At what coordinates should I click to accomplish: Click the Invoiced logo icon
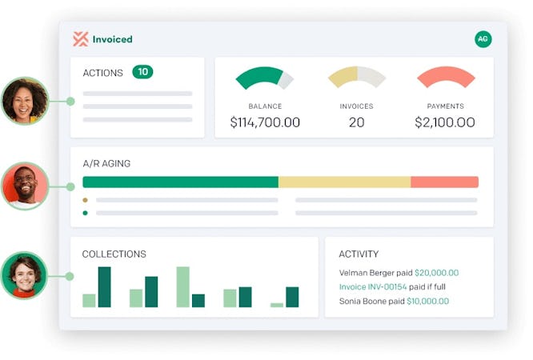click(x=80, y=38)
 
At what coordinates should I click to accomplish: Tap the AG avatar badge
click(x=483, y=38)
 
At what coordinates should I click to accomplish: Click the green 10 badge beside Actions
click(x=142, y=72)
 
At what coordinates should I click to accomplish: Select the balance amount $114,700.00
click(x=265, y=122)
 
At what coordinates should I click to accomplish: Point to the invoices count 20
click(x=356, y=122)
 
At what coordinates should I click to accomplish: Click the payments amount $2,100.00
click(x=444, y=122)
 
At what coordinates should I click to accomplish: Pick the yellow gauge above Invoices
click(x=356, y=76)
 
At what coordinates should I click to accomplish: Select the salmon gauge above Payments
click(x=445, y=76)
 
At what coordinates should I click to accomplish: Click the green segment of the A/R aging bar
click(x=180, y=182)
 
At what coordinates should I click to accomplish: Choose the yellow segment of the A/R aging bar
click(x=344, y=182)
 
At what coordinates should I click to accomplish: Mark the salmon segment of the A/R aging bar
click(x=444, y=182)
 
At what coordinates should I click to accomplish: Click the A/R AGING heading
click(x=106, y=163)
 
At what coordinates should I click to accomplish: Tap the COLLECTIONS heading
click(x=114, y=254)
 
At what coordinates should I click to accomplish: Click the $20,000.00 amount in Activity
click(x=436, y=273)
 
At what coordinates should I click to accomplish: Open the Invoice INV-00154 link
click(x=373, y=287)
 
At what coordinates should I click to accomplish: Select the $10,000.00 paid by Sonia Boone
click(x=427, y=302)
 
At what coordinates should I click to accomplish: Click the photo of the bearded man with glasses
click(x=24, y=186)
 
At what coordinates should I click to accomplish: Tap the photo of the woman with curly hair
click(x=24, y=100)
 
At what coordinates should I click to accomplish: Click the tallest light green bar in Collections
click(x=182, y=286)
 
